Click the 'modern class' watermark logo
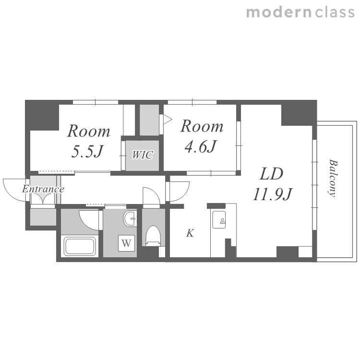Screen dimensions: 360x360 [300, 12]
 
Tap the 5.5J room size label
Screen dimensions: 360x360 [87, 151]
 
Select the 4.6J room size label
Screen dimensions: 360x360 [201, 146]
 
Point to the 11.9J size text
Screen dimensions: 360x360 [272, 194]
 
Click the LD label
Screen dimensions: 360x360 [271, 174]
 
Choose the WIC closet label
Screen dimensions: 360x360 [143, 155]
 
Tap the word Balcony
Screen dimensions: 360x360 [333, 178]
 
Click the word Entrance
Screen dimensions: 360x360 [43, 189]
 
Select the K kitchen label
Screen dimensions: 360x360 [190, 233]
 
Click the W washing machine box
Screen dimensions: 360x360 [126, 243]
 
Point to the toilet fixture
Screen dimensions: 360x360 [153, 236]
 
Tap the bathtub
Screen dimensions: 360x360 [80, 247]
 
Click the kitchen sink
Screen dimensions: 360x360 [219, 219]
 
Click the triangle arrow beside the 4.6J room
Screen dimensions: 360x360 [168, 119]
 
